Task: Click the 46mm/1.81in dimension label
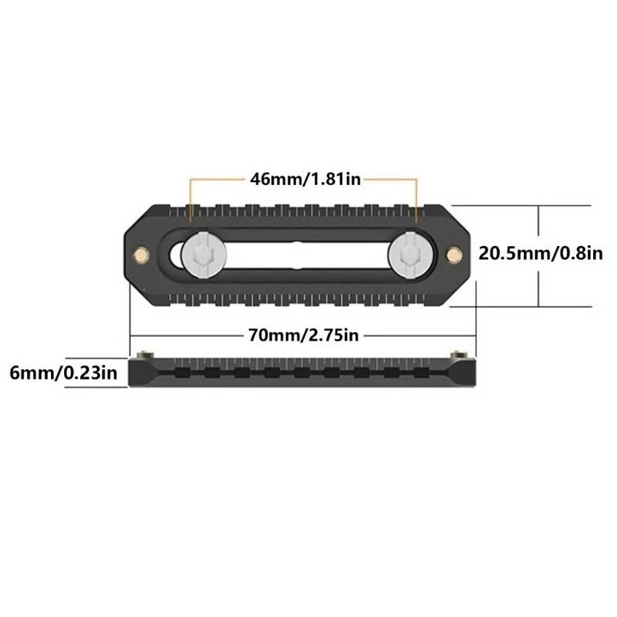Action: (305, 180)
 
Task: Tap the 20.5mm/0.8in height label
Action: (541, 254)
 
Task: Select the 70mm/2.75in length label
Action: (303, 335)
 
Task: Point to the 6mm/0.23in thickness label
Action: (63, 373)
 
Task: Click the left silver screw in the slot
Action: (204, 255)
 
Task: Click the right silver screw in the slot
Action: (411, 255)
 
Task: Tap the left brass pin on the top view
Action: (141, 255)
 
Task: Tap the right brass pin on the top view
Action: (454, 255)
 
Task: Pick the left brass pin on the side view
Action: (143, 355)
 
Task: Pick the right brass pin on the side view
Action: (458, 355)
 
